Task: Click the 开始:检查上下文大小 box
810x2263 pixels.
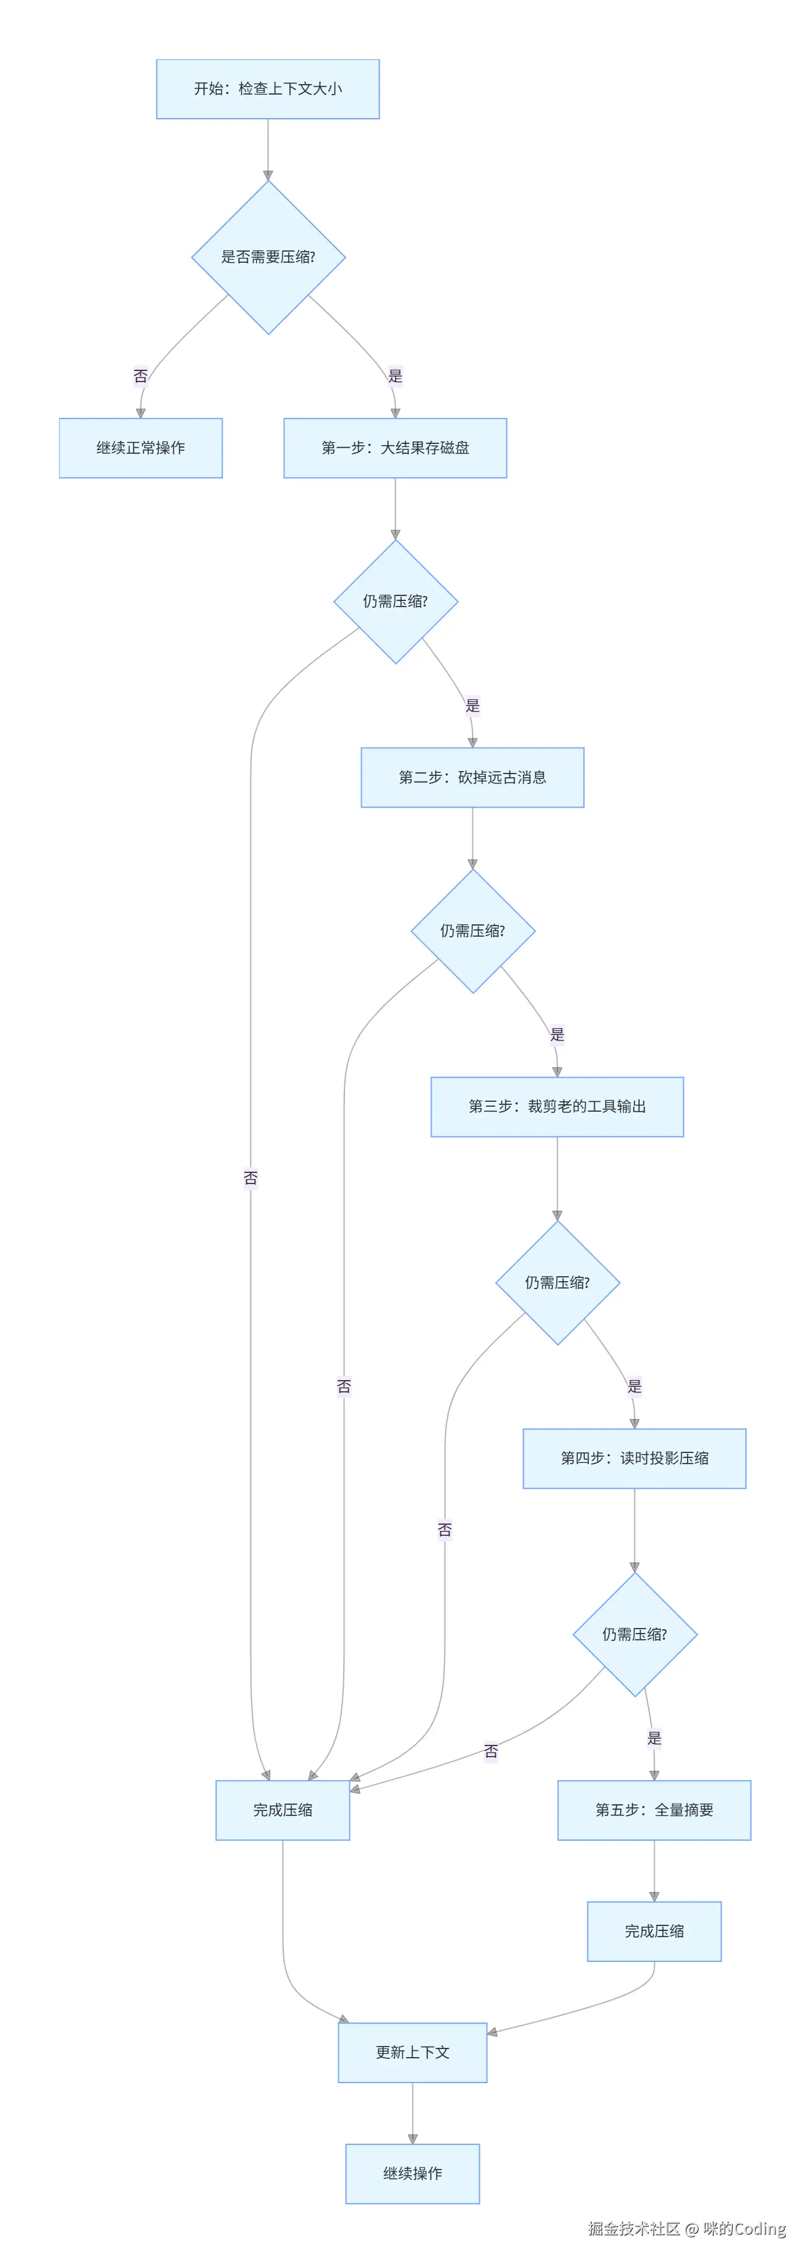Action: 268,89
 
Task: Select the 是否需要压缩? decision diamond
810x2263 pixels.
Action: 268,257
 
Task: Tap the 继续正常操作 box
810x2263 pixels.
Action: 140,448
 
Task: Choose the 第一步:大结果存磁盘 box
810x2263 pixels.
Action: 395,448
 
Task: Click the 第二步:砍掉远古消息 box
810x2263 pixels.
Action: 472,777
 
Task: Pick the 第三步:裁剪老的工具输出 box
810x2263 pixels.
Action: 557,1107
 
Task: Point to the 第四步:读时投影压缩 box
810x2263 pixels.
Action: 634,1459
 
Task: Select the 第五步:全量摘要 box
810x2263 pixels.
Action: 655,1810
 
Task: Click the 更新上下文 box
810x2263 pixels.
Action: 413,2052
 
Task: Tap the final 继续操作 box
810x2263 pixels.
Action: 413,2173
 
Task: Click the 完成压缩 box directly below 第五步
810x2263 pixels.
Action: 655,1931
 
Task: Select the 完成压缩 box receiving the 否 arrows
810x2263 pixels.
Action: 283,1810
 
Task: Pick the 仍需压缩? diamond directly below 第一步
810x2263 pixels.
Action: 395,602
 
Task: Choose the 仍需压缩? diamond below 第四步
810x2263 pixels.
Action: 634,1634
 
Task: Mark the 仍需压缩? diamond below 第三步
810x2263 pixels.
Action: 557,1282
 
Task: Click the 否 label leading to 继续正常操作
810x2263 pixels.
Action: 140,376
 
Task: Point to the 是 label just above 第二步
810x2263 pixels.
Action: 472,705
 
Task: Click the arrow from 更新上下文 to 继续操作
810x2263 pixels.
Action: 413,2113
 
